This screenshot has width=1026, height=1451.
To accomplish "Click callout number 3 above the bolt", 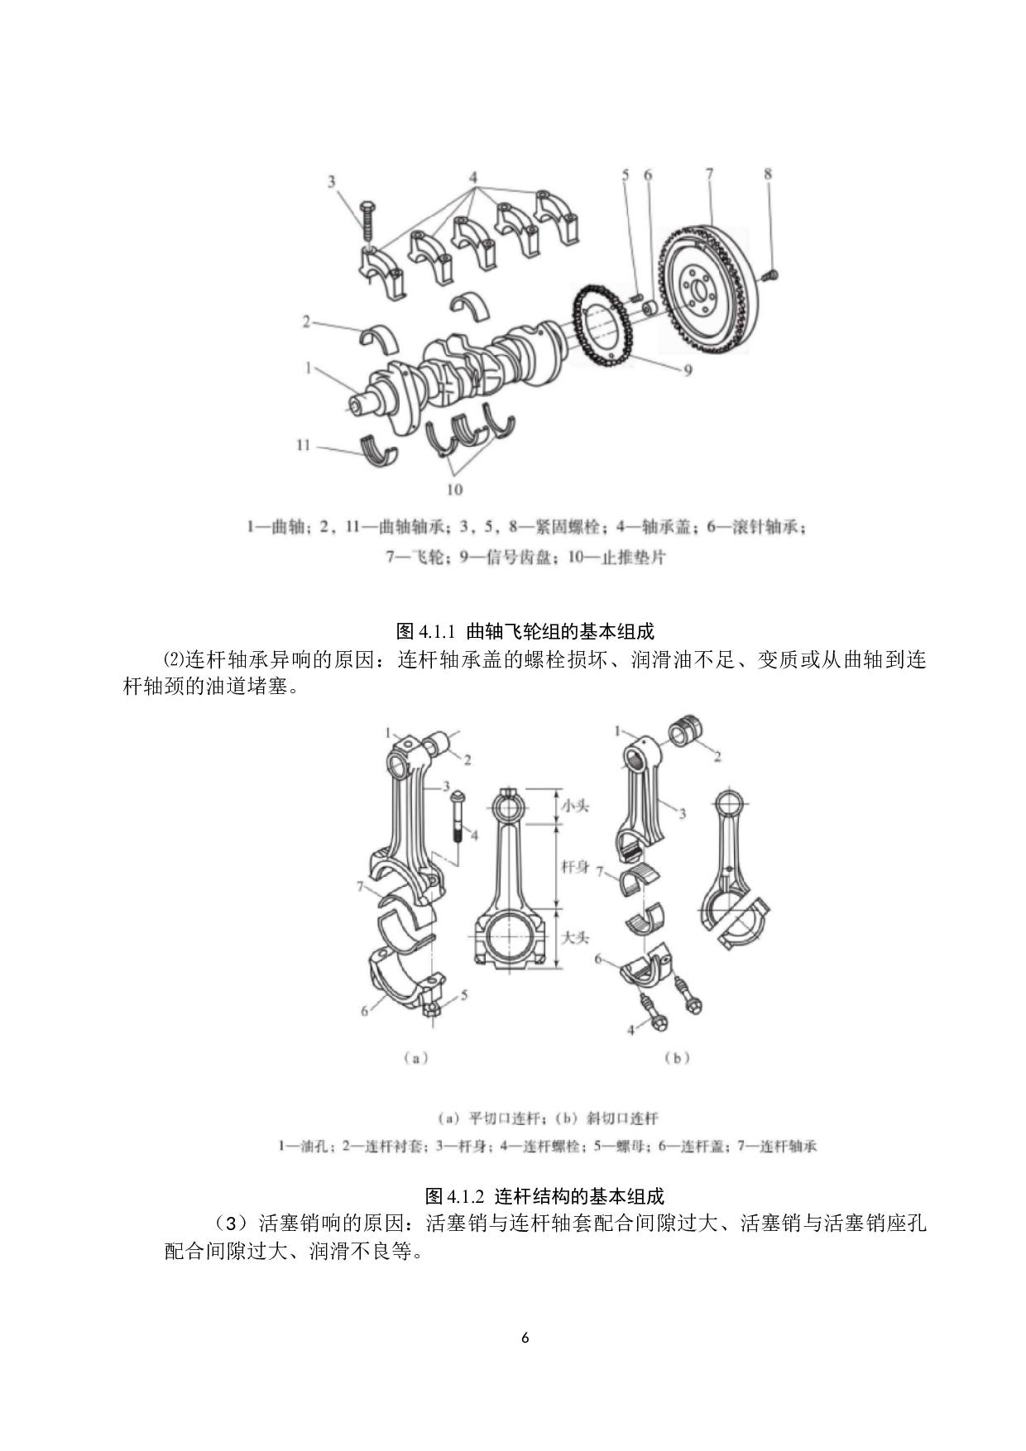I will coord(332,182).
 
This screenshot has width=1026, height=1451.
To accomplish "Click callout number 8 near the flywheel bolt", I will coord(768,174).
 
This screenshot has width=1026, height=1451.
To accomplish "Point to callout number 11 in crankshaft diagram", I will coord(303,445).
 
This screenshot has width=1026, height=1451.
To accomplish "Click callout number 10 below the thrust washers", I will coord(454,490).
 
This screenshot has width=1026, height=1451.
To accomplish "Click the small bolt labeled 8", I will coord(772,274).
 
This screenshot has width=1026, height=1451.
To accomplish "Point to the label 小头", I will coord(575,805).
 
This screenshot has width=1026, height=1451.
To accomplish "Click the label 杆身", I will coord(575,866).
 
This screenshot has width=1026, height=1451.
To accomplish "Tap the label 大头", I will coord(575,937).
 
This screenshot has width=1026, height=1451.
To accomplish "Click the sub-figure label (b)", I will coord(677,1057).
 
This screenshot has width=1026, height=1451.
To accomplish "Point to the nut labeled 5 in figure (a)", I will coord(431,1008).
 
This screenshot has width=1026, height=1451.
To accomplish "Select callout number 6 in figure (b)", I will coord(599,959).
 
